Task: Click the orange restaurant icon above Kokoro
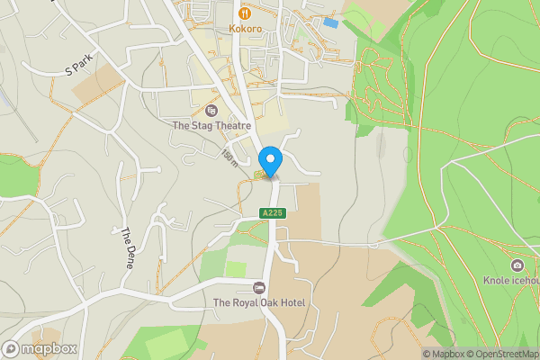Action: click(x=245, y=13)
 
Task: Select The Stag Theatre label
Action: click(x=211, y=126)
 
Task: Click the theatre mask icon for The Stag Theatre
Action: click(x=211, y=111)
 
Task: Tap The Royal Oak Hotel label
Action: click(x=259, y=303)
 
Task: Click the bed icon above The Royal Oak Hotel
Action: click(x=259, y=288)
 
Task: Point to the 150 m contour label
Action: click(x=230, y=158)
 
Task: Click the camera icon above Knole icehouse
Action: click(x=517, y=265)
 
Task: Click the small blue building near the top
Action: click(x=331, y=22)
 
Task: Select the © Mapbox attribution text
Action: click(x=445, y=354)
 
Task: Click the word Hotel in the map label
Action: click(x=291, y=303)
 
